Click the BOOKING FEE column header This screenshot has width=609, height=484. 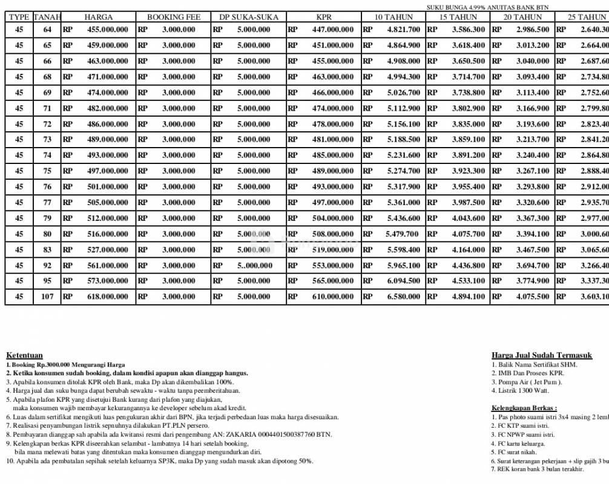point(174,17)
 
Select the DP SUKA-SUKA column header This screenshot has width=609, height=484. point(248,17)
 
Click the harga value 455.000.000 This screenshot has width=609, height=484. point(108,30)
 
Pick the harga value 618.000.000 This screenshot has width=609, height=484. point(108,296)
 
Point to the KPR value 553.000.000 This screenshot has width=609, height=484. point(332,265)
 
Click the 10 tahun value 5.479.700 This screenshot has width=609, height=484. point(403,234)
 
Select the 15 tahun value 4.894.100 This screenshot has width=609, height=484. point(468,296)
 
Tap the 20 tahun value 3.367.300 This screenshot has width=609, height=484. point(533,218)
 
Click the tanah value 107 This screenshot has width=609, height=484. point(47,296)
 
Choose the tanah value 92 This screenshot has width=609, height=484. point(47,265)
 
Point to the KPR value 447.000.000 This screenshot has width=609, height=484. point(332,30)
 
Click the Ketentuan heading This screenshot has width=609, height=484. point(24,355)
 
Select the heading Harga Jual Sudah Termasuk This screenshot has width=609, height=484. point(542,356)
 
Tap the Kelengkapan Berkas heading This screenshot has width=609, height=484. point(524,408)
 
